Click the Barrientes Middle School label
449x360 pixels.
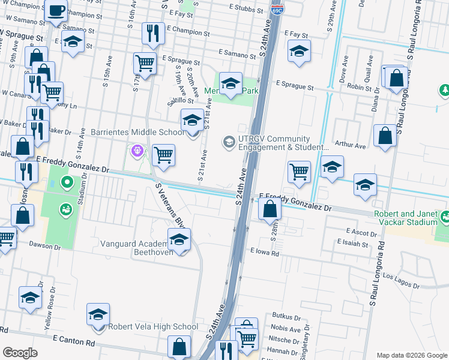coord(137,132)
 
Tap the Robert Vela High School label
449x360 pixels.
coord(152,327)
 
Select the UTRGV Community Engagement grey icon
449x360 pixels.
coord(228,142)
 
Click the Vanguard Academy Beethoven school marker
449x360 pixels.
coord(178,241)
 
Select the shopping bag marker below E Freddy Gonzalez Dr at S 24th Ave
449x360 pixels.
coord(270,209)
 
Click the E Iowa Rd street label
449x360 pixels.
coord(265,253)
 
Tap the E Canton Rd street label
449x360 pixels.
coord(74,343)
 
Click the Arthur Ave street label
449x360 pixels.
coord(351,145)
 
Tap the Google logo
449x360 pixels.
coord(20,353)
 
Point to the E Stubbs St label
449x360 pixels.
coord(246,10)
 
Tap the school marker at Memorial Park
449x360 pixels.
coord(230,83)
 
